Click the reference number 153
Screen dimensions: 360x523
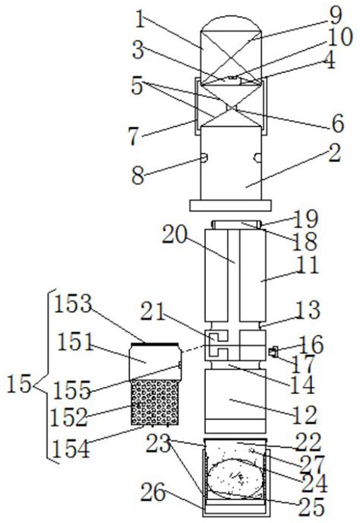click(73, 304)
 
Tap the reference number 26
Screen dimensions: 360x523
click(153, 493)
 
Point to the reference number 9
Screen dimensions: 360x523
click(334, 16)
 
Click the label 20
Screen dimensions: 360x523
click(175, 235)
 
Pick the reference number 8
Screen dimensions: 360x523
click(138, 176)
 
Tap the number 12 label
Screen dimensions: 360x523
click(305, 416)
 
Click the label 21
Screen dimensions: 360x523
click(153, 312)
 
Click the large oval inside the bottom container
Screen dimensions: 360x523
click(235, 478)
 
